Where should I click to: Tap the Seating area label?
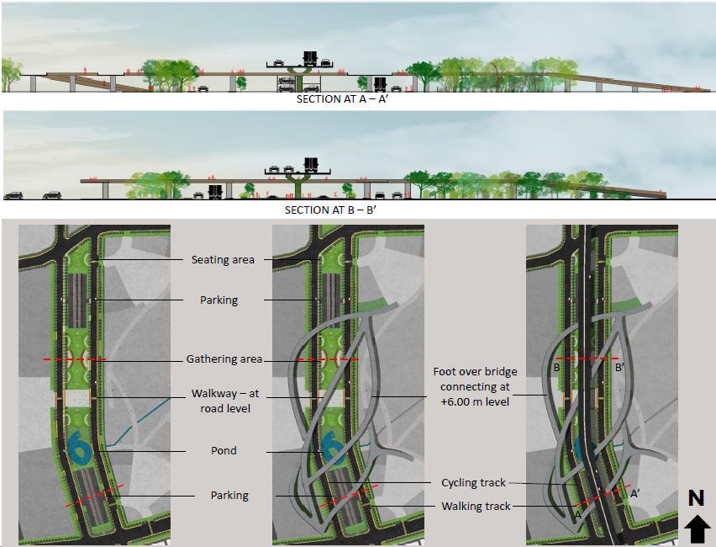tap(223, 259)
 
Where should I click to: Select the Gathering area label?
tap(224, 359)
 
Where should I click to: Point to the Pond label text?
tap(223, 450)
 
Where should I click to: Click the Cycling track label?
tap(473, 483)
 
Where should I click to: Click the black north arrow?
tap(696, 529)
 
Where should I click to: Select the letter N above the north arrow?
tap(696, 498)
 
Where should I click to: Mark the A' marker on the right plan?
tap(634, 495)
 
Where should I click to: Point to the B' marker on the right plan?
tap(619, 368)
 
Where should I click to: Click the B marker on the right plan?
tap(556, 368)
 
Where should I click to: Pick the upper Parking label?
tap(218, 300)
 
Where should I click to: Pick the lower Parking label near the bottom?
tap(229, 496)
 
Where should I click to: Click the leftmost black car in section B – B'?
tap(13, 195)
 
